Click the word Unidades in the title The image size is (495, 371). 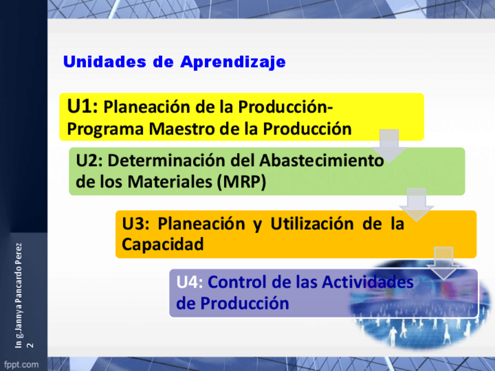(x=104, y=61)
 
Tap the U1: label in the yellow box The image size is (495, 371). (x=82, y=106)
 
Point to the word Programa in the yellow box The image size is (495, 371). (x=105, y=129)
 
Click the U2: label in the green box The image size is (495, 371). (x=89, y=160)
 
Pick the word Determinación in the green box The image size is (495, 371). (x=166, y=160)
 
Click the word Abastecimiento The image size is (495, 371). (x=322, y=160)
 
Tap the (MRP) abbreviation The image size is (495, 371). (x=242, y=182)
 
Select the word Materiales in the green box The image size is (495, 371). (x=170, y=182)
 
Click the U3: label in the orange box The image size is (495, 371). (x=135, y=223)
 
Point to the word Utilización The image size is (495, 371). (x=312, y=223)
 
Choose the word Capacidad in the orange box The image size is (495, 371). (x=163, y=244)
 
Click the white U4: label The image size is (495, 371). (x=189, y=282)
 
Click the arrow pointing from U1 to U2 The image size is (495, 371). (x=389, y=146)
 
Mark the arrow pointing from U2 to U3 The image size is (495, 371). (x=416, y=205)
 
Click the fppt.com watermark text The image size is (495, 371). (x=21, y=365)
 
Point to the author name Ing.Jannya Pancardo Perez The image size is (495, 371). (x=19, y=295)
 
